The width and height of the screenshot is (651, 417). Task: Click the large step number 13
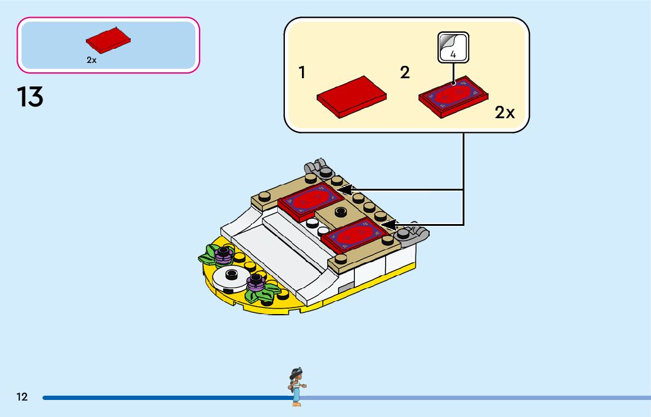31,97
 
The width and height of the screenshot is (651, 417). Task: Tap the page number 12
22,397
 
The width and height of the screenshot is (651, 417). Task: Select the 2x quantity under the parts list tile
91,60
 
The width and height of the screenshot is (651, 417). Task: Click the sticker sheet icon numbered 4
453,48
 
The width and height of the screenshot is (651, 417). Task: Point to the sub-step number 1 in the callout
302,73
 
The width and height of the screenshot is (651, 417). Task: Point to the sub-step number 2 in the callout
405,73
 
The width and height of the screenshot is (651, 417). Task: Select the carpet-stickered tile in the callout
454,96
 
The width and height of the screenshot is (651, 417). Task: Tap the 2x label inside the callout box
504,113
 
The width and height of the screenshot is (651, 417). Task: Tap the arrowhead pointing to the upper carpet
344,190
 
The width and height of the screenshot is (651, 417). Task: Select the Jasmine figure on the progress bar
295,386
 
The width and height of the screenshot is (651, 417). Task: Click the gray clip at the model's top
318,167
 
